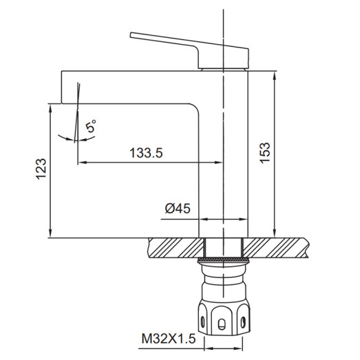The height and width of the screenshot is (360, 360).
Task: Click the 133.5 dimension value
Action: point(146,154)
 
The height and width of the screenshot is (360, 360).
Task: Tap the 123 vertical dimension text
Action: point(41,169)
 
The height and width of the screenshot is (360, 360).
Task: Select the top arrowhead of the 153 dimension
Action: point(274,74)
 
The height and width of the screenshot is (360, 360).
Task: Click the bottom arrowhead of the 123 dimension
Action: point(52,234)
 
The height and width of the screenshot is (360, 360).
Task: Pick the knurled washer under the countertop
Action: point(223,260)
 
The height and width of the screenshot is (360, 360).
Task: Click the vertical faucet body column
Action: point(223,158)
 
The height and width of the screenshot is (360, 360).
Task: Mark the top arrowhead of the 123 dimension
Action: point(52,107)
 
